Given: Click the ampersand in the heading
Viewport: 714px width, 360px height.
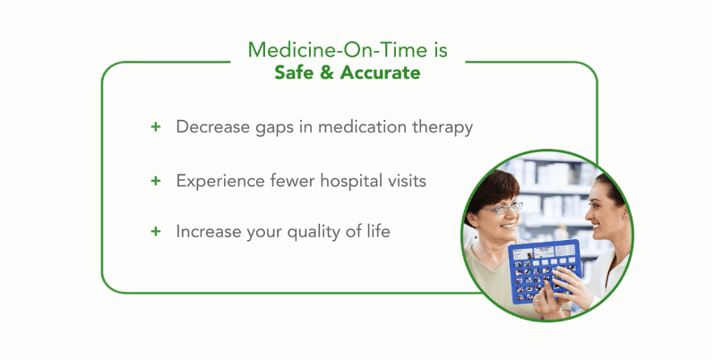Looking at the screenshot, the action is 327,73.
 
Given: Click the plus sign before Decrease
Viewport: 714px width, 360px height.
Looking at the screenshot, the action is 156,126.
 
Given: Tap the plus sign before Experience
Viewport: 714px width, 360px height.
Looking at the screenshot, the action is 156,181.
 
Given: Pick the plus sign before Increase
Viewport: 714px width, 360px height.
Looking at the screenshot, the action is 156,231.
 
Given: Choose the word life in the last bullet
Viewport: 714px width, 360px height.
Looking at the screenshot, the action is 378,231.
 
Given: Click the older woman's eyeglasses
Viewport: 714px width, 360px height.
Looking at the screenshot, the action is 502,209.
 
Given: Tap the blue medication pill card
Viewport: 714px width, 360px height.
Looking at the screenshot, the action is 545,271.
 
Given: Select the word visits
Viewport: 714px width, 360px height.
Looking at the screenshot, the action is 407,181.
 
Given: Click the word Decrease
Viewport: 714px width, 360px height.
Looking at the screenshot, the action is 212,126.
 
